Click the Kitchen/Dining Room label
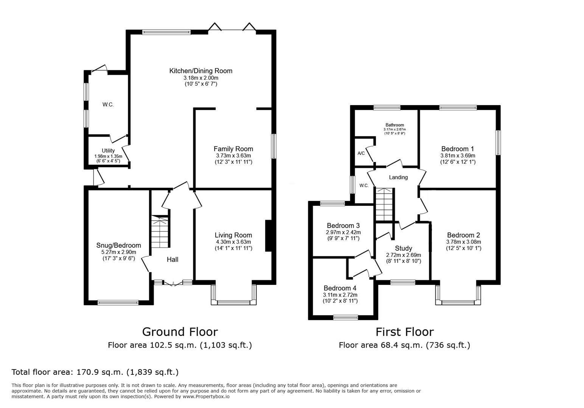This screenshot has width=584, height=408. [201, 71]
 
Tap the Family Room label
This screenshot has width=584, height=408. [233, 149]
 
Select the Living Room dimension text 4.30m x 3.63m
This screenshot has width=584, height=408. [233, 242]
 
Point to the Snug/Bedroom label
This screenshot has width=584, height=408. [119, 246]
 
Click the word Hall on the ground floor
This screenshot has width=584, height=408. [172, 259]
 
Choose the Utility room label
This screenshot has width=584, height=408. [108, 151]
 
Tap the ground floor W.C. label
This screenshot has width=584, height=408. [108, 105]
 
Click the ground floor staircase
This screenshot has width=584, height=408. [160, 232]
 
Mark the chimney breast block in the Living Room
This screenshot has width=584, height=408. [269, 236]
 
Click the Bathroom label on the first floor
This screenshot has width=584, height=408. [395, 125]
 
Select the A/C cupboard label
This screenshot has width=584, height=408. [361, 153]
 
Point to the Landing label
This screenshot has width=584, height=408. [398, 177]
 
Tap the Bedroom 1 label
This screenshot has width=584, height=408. [458, 149]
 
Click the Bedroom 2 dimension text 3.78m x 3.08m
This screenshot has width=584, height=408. [464, 242]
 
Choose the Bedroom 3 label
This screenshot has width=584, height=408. [343, 226]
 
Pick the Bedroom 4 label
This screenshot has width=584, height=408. [340, 288]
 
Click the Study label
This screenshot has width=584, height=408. [404, 248]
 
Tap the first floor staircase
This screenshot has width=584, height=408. [384, 205]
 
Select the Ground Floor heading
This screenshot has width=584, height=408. [180, 332]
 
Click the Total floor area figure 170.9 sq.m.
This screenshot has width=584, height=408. [99, 372]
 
